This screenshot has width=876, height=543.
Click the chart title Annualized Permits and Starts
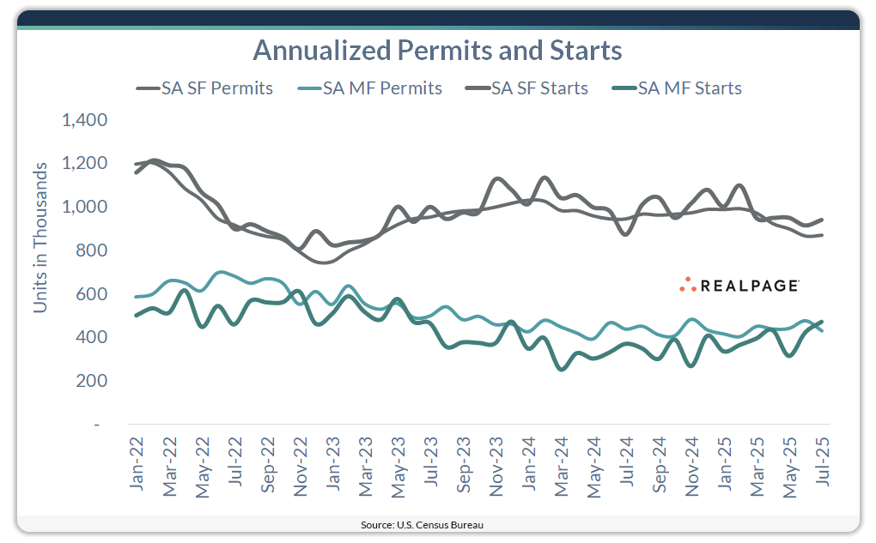437,51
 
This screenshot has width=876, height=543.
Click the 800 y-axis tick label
91,250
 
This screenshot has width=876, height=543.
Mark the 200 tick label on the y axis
91,381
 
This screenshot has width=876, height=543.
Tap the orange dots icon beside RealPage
688,285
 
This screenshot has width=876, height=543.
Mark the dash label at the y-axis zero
96,425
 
